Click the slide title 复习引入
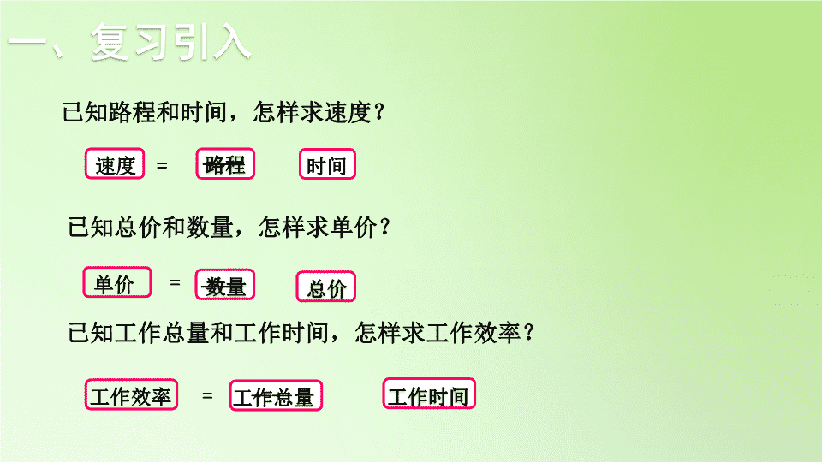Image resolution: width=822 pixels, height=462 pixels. point(171,43)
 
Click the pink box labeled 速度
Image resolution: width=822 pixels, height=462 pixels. point(115,164)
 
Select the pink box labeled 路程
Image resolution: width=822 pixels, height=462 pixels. point(225,164)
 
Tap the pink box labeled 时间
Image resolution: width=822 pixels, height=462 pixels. point(327,164)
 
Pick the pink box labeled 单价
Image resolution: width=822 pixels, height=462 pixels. point(117,283)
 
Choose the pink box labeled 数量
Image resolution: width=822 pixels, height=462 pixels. point(225,285)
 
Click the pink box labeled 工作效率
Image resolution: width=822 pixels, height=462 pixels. point(131,394)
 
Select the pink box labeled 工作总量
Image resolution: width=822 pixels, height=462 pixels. point(276,395)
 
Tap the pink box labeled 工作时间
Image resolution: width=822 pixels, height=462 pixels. point(429,394)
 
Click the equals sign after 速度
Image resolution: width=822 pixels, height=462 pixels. point(162,165)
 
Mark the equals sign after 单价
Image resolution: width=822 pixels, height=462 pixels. point(175,282)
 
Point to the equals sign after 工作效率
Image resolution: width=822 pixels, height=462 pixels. point(207,395)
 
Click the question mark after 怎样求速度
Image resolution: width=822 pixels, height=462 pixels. point(380,112)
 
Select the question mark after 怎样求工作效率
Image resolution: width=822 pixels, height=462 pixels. point(529,333)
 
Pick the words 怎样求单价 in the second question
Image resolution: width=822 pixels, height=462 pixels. point(319,228)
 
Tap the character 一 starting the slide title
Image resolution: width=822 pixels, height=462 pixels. point(27,42)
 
